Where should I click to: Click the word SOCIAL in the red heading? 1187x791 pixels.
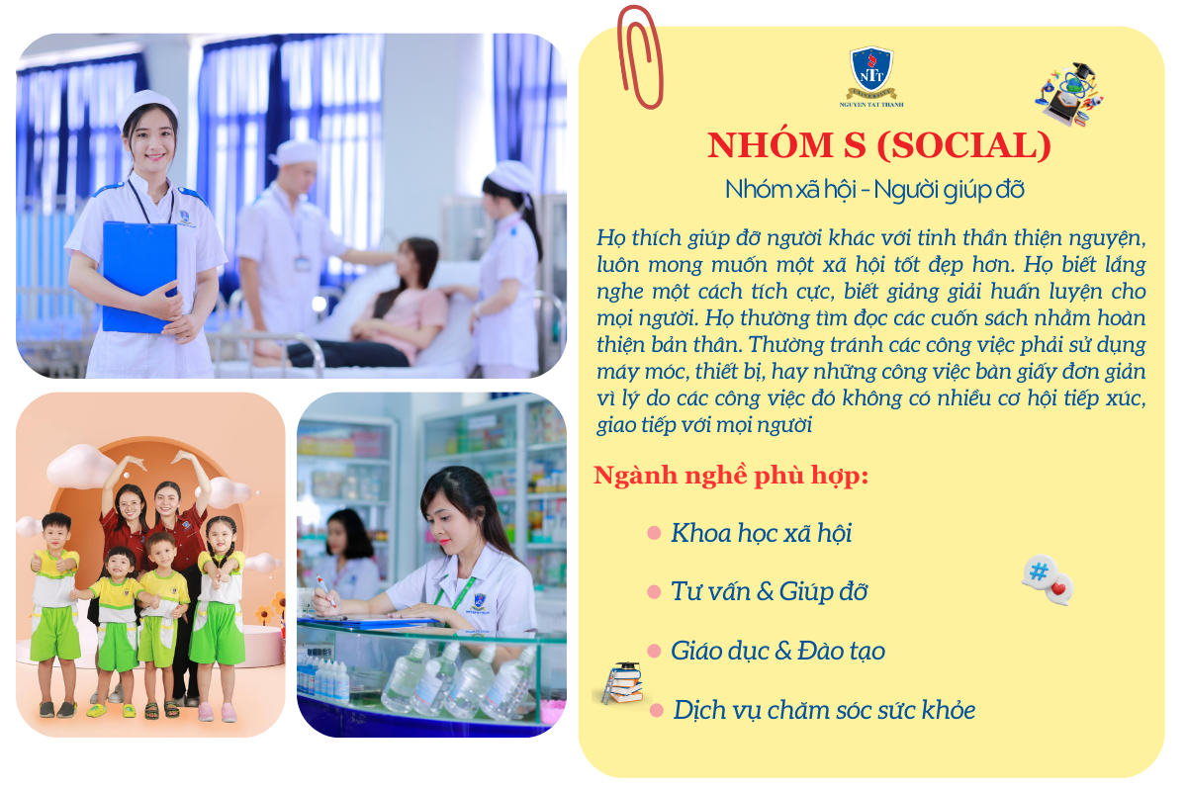click(963, 145)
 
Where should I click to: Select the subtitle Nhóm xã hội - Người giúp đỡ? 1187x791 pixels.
click(874, 190)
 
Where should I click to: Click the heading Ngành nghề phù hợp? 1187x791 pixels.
click(731, 476)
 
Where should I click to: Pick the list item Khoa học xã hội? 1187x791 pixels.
click(761, 533)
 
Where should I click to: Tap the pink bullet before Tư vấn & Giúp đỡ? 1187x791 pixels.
click(654, 591)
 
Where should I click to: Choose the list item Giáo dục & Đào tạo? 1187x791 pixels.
click(777, 652)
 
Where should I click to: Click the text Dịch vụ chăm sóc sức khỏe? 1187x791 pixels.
click(823, 711)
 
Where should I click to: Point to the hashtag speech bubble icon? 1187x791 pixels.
click(1048, 579)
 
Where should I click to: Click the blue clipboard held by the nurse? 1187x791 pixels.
click(139, 276)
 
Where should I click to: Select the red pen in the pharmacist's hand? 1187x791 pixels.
click(325, 589)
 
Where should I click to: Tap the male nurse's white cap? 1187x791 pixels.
click(294, 151)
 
